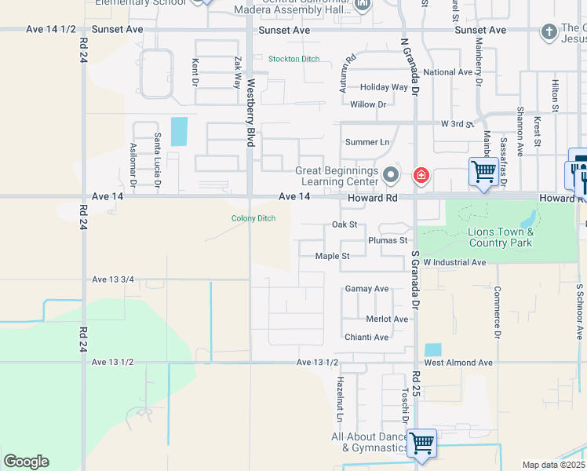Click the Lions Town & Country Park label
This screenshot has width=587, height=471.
pyautogui.click(x=501, y=237)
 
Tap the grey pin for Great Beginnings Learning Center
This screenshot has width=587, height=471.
pyautogui.click(x=391, y=174)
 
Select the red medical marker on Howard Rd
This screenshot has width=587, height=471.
pyautogui.click(x=421, y=174)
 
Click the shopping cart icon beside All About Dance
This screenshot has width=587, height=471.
pyautogui.click(x=422, y=444)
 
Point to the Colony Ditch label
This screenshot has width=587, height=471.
pyautogui.click(x=253, y=218)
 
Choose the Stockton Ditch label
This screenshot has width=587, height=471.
pyautogui.click(x=294, y=59)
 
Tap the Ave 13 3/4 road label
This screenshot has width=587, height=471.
pyautogui.click(x=113, y=279)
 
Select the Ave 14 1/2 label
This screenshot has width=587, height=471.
pyautogui.click(x=51, y=30)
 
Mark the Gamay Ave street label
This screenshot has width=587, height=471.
pyautogui.click(x=366, y=289)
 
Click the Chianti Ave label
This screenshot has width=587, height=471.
pyautogui.click(x=366, y=338)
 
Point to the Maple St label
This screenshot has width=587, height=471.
pyautogui.click(x=332, y=256)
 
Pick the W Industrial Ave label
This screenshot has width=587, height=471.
pyautogui.click(x=455, y=262)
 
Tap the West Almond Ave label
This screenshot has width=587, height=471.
pyautogui.click(x=458, y=363)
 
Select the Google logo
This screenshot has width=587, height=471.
pyautogui.click(x=26, y=462)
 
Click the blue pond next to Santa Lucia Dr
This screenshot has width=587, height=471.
pyautogui.click(x=179, y=131)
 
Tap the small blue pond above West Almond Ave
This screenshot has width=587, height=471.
pyautogui.click(x=432, y=350)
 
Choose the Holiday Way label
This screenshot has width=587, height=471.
pyautogui.click(x=384, y=88)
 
